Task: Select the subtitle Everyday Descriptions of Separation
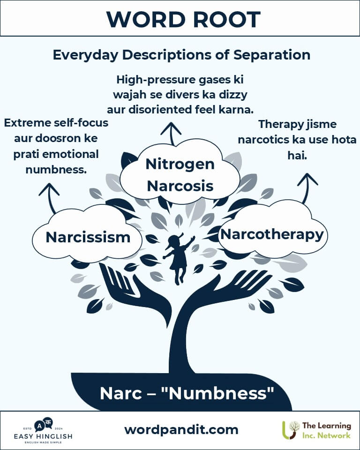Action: click(x=181, y=55)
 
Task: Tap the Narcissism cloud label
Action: click(x=88, y=237)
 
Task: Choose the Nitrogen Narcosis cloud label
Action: click(x=180, y=175)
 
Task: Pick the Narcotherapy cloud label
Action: click(x=272, y=233)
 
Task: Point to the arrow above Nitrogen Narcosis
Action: click(x=173, y=133)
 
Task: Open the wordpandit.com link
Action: click(x=181, y=429)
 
